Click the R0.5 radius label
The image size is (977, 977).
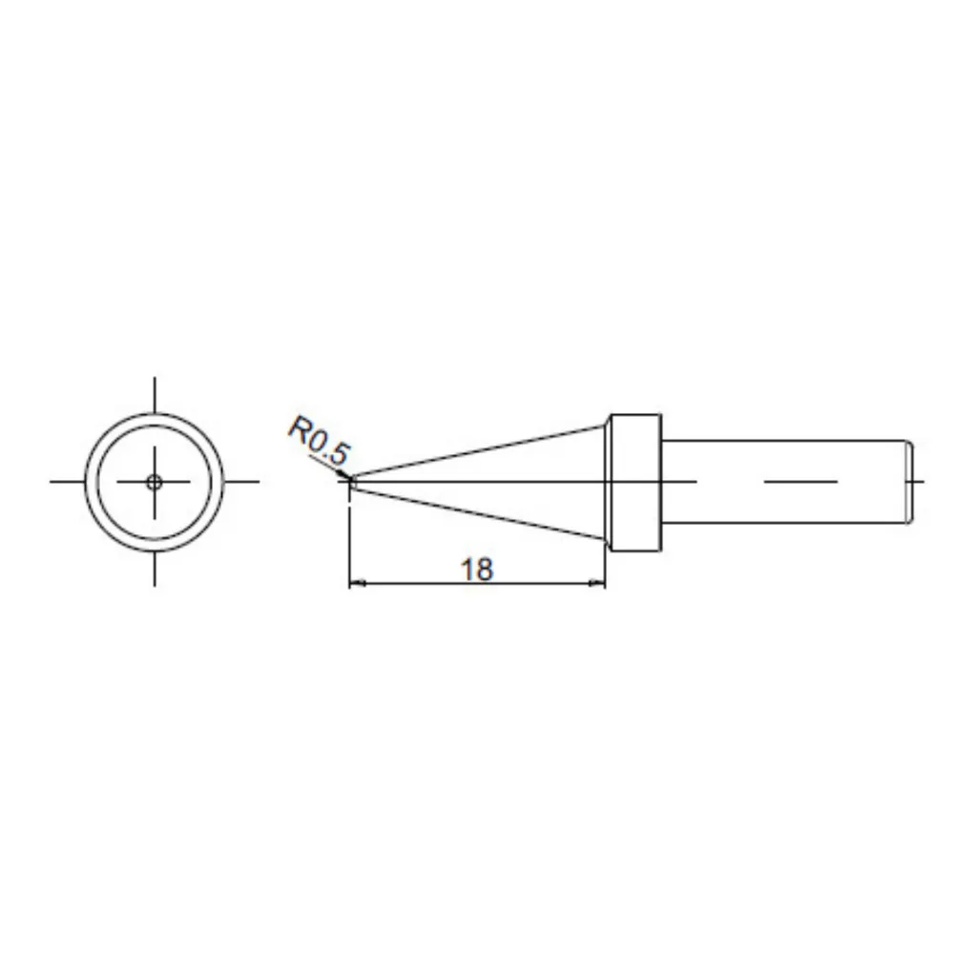pyautogui.click(x=319, y=441)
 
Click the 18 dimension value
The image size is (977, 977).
pyautogui.click(x=477, y=570)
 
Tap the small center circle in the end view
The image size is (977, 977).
pyautogui.click(x=154, y=482)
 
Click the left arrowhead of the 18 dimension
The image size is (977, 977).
pyautogui.click(x=357, y=584)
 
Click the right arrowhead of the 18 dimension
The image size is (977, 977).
pyautogui.click(x=597, y=584)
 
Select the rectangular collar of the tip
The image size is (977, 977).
pyautogui.click(x=634, y=483)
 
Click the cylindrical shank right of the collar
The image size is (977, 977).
pyautogui.click(x=786, y=482)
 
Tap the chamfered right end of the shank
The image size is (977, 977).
pyautogui.click(x=910, y=482)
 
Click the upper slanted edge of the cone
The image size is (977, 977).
pyautogui.click(x=479, y=450)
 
